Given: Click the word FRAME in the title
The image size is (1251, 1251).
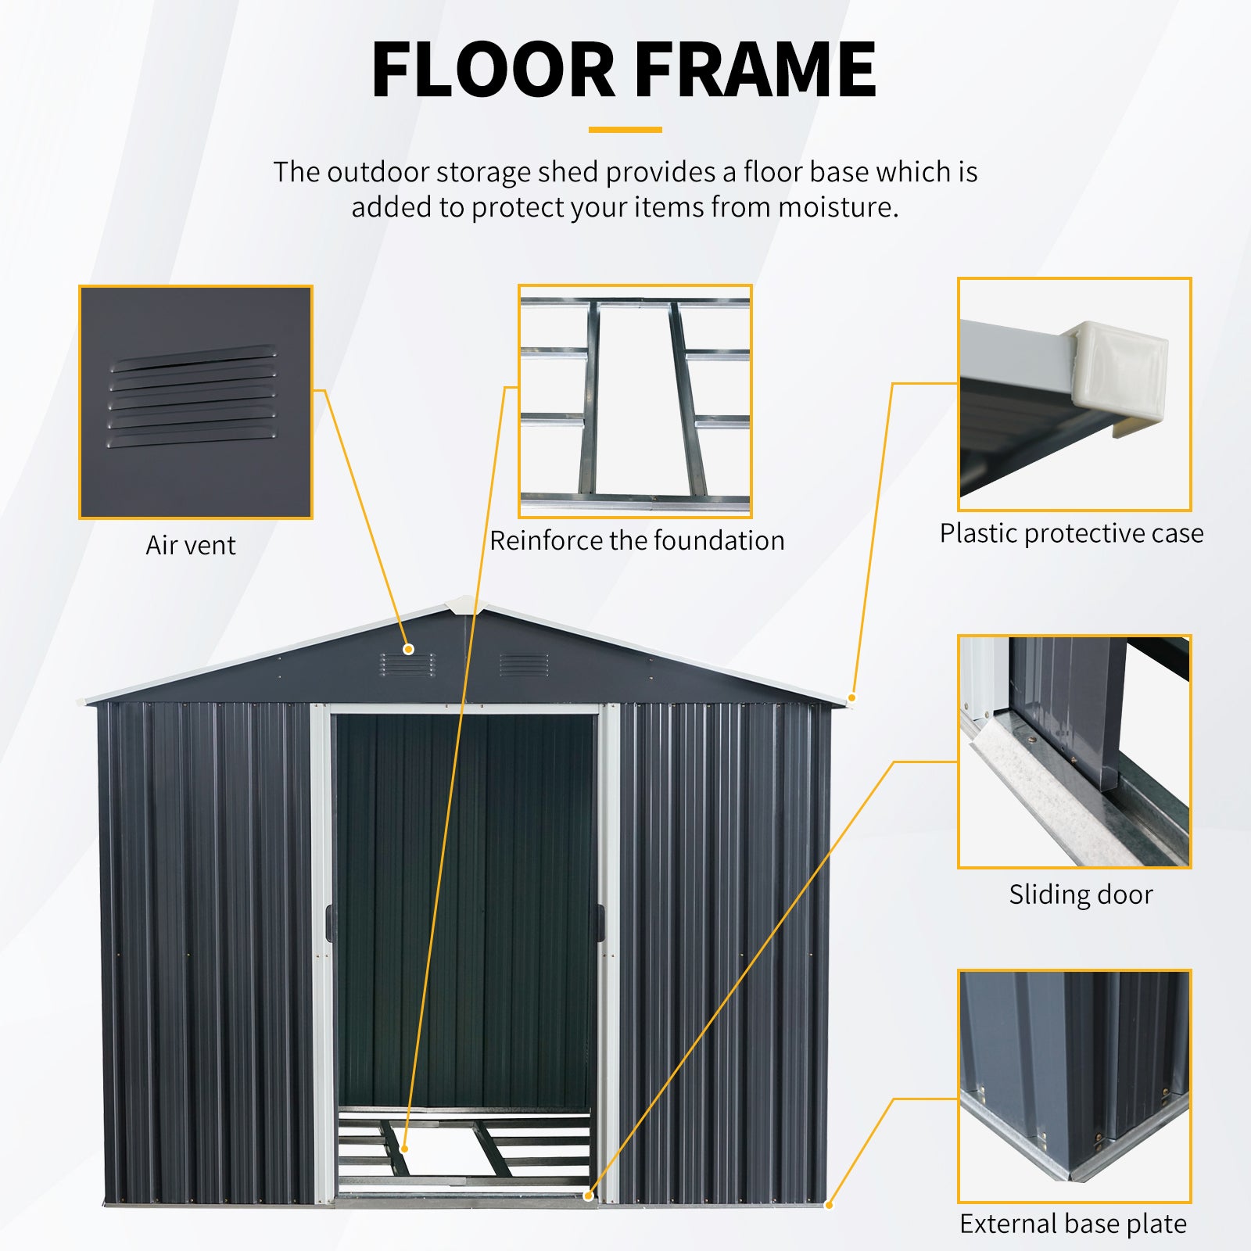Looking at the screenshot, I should (755, 70).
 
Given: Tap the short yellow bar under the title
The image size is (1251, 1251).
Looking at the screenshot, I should (625, 130).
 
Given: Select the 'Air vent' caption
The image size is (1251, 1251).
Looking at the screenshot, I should (190, 545).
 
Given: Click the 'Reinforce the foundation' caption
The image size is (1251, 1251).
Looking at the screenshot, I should (636, 540).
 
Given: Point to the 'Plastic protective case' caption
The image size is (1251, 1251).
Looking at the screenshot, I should (1071, 533).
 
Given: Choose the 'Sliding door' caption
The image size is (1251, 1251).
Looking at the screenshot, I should (1081, 894).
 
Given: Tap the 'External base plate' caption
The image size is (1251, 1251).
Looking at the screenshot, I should (1073, 1224).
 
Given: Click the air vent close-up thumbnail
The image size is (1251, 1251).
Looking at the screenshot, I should (195, 402).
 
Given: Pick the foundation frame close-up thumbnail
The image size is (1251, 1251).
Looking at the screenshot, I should (635, 401).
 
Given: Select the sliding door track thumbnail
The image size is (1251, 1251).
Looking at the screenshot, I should (1074, 751).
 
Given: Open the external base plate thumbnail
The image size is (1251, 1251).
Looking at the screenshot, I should (1074, 1086).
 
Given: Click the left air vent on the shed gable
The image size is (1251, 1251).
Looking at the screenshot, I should (408, 665).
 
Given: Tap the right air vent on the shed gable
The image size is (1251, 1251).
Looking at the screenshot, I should (524, 665).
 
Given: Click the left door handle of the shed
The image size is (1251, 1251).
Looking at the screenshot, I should (328, 923).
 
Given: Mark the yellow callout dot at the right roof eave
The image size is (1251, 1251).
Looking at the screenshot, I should (852, 697).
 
